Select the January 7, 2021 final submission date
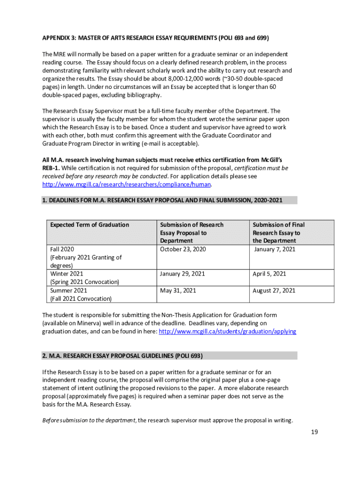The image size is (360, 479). tap(275, 249)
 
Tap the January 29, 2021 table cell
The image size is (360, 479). tap(182, 274)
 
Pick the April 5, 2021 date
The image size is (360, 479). tap(269, 274)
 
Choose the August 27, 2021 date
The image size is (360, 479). tap(274, 290)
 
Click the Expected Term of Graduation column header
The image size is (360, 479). tap(90, 225)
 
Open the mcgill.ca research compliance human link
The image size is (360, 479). tap(127, 185)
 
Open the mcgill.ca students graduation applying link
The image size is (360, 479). tap(228, 331)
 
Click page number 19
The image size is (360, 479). tap(314, 432)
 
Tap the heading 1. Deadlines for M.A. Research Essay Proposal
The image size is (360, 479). tap(162, 200)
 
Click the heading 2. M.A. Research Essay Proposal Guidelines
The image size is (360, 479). tap(122, 356)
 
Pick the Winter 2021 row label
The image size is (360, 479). tap(66, 274)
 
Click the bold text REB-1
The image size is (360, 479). tap(50, 168)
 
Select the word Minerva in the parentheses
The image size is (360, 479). tap(91, 323)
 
